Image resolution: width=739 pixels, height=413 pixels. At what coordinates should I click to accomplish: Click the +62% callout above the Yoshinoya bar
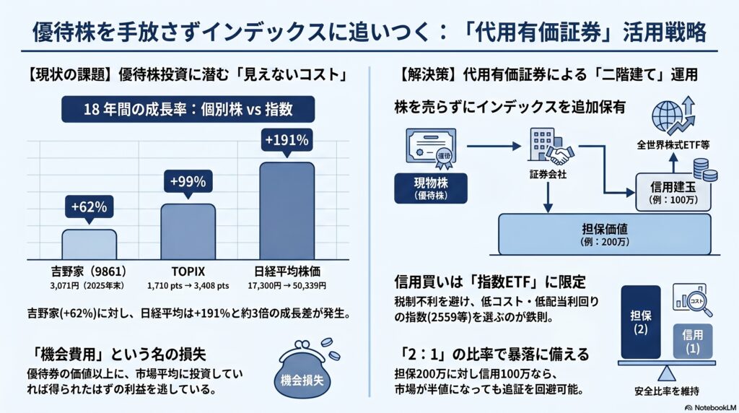click(x=89, y=207)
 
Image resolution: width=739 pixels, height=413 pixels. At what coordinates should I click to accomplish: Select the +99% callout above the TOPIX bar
click(x=188, y=182)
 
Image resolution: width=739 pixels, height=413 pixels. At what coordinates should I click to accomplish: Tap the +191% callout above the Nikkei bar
click(x=287, y=141)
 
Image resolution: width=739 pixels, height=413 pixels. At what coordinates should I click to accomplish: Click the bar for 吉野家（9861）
click(x=89, y=245)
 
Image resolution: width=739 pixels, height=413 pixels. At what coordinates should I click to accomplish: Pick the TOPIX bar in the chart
click(x=188, y=232)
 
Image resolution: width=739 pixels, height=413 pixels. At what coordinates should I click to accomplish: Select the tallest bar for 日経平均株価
click(x=287, y=211)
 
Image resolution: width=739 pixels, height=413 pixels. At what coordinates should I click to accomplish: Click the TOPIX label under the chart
click(x=188, y=271)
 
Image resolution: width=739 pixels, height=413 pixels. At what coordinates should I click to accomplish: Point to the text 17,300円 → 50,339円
click(x=287, y=286)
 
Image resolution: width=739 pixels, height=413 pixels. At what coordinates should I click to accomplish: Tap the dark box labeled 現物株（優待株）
click(x=431, y=188)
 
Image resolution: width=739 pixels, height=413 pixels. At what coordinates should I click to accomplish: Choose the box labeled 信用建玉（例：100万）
click(x=673, y=192)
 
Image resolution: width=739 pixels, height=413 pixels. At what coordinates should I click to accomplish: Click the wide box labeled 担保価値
click(x=605, y=235)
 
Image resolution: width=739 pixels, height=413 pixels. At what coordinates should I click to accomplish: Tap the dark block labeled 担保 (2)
click(x=641, y=322)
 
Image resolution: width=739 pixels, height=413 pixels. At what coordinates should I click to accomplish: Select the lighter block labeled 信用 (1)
click(x=692, y=342)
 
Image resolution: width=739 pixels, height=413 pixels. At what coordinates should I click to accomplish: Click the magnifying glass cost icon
click(x=692, y=299)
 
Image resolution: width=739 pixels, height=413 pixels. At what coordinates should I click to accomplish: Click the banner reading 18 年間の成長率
click(x=188, y=109)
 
